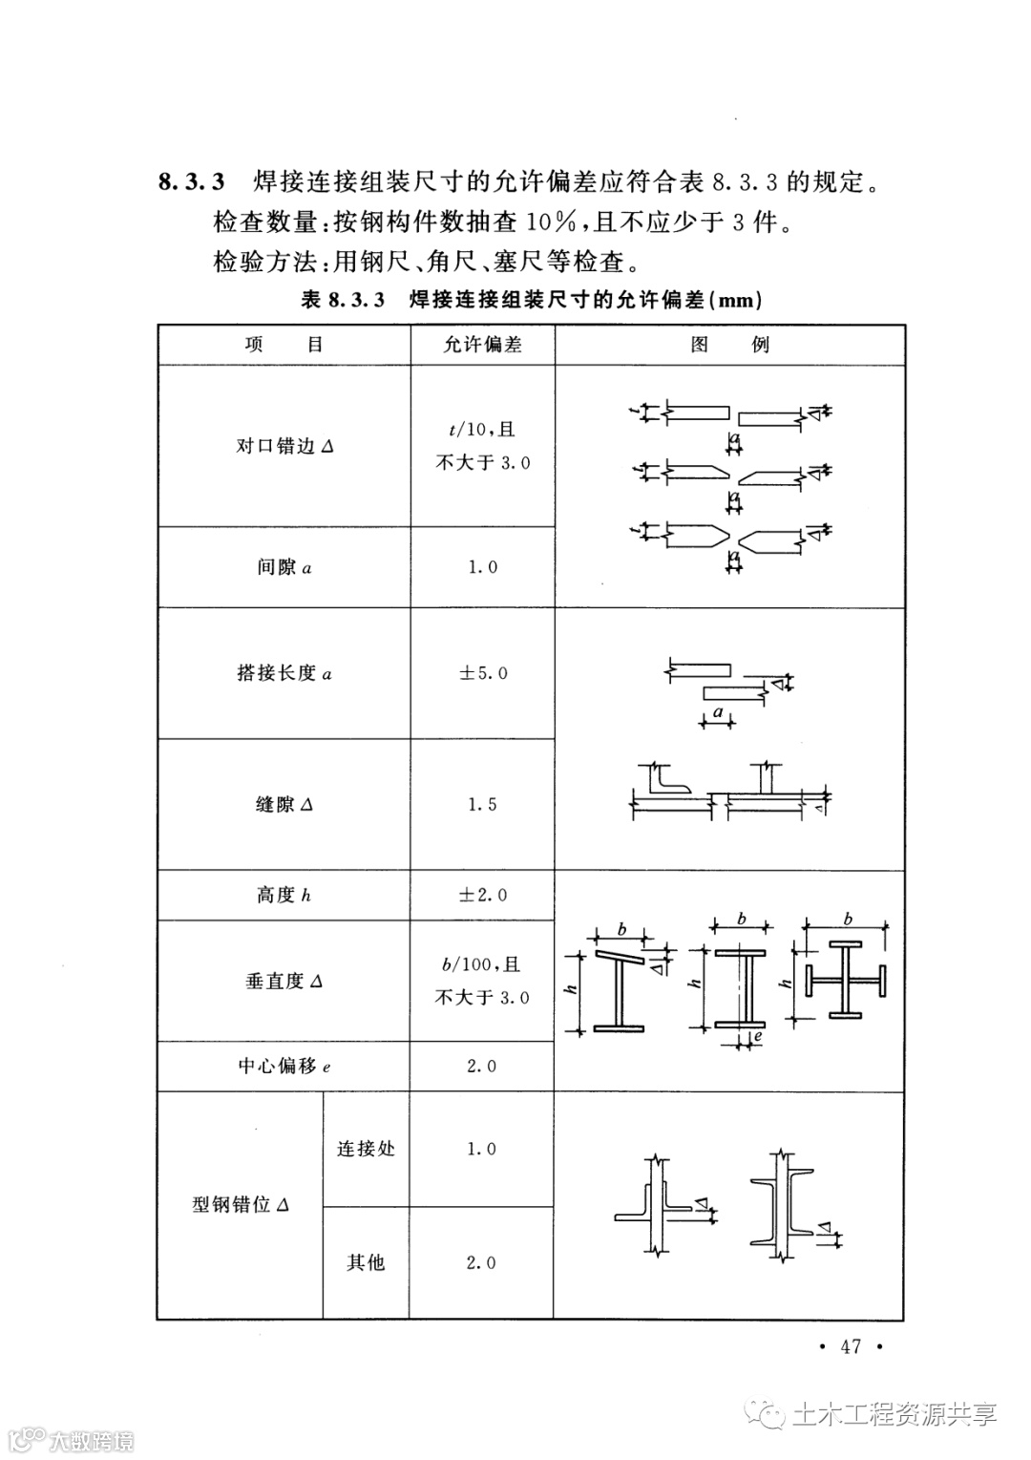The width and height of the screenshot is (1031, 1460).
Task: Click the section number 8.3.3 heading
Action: point(191,180)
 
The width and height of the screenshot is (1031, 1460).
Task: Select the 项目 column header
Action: point(284,345)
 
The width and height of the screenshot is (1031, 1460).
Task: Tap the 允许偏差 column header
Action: point(482,345)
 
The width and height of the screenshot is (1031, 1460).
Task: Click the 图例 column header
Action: point(729,345)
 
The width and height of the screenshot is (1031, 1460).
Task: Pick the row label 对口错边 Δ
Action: point(284,446)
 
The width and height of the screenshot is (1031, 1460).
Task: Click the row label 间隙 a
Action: point(284,567)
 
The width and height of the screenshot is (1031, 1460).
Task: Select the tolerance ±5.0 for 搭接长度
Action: point(483,673)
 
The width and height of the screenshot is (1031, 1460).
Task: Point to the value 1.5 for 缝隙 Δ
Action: point(482,804)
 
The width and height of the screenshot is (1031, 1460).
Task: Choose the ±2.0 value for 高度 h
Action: point(483,895)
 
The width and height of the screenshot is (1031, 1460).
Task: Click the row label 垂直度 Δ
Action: point(284,981)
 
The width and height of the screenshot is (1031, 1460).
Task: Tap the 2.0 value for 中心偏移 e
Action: point(482,1066)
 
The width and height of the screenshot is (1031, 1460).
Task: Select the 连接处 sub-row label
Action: point(366,1149)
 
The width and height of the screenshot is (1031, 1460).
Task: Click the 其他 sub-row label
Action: point(366,1262)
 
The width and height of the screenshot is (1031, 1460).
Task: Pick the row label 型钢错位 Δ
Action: point(240,1205)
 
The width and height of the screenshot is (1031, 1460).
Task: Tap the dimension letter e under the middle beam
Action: point(756,1035)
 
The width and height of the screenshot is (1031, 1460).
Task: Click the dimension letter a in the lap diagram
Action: point(718,711)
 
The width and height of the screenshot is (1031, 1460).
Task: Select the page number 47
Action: point(850,1346)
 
